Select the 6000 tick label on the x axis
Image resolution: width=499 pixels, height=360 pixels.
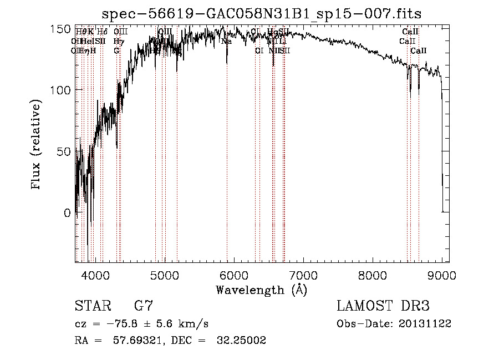(x=233, y=275)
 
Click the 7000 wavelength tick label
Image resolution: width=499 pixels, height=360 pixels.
(x=303, y=275)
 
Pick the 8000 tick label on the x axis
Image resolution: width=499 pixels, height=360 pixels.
(x=373, y=275)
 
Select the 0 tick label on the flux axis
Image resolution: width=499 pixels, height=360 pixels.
(x=67, y=212)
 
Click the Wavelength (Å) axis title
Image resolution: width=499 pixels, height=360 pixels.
(x=261, y=290)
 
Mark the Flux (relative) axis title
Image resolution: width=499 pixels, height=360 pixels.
(x=37, y=145)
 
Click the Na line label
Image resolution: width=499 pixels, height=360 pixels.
(x=226, y=41)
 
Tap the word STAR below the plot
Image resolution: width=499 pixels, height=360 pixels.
(x=91, y=306)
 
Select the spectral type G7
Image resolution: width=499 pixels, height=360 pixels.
(x=143, y=306)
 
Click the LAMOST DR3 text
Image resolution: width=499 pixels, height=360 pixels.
(x=383, y=306)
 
